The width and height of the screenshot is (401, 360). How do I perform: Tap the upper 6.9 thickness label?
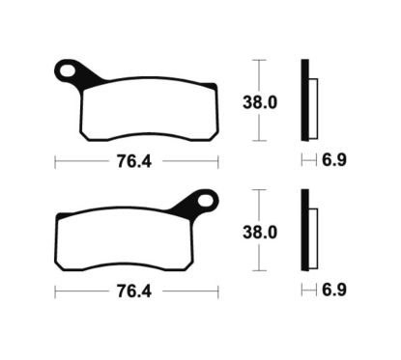click(x=333, y=160)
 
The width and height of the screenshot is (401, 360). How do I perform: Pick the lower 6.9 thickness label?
click(x=333, y=289)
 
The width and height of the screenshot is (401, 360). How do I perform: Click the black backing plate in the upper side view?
click(x=305, y=100)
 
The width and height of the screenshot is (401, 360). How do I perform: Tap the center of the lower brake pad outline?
click(x=135, y=238)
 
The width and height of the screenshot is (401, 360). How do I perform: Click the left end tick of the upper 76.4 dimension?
click(x=55, y=159)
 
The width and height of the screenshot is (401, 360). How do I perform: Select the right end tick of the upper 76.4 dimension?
click(x=217, y=159)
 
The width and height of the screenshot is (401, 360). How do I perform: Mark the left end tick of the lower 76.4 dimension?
click(x=55, y=289)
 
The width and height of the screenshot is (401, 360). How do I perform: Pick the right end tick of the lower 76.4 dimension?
click(x=217, y=289)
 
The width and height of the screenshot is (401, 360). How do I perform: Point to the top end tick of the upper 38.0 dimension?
click(x=257, y=60)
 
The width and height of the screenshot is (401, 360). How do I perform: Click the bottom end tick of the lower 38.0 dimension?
click(x=257, y=272)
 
